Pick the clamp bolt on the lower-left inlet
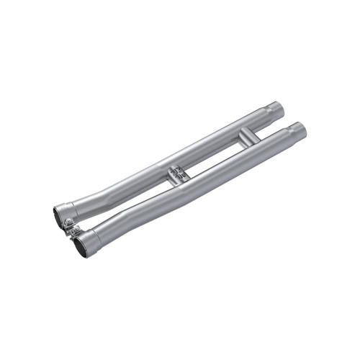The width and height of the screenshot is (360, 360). [x=74, y=231]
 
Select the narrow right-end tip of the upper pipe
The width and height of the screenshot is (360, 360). [x=278, y=110]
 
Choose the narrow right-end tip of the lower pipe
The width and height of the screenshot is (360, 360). [x=299, y=130]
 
